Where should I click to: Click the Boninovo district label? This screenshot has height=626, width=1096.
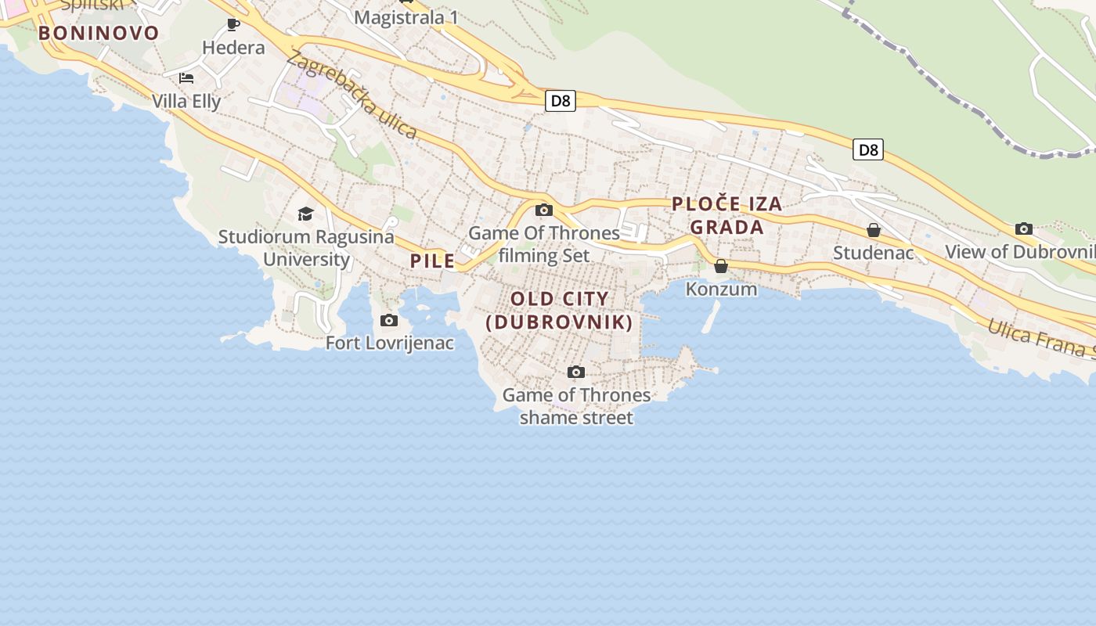click(x=99, y=33)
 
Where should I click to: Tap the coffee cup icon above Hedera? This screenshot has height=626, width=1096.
click(x=233, y=24)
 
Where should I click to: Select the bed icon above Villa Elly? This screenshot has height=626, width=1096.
click(x=186, y=77)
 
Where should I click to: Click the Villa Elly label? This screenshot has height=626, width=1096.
click(x=186, y=101)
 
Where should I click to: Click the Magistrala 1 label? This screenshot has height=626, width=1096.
click(x=406, y=17)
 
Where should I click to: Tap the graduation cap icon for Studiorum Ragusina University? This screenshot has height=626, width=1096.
click(x=305, y=214)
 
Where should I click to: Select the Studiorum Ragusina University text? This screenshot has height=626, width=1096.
click(x=306, y=247)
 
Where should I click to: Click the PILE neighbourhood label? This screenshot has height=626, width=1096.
click(x=433, y=261)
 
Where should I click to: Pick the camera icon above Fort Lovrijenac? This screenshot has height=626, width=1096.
click(x=389, y=320)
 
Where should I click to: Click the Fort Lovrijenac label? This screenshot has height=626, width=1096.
click(x=390, y=343)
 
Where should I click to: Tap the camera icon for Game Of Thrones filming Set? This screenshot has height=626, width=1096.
click(x=544, y=210)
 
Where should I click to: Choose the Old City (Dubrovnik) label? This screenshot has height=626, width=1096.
click(x=560, y=310)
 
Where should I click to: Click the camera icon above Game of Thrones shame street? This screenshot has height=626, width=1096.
click(x=576, y=372)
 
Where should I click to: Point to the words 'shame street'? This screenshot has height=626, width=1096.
click(x=576, y=418)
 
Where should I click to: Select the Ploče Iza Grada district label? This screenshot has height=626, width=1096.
click(x=727, y=215)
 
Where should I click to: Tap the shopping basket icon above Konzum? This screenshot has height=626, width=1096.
click(x=721, y=266)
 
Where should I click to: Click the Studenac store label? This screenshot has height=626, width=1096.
click(x=873, y=253)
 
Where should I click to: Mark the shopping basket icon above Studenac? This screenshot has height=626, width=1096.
click(x=874, y=230)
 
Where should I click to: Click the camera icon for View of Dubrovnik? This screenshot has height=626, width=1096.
click(x=1024, y=228)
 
